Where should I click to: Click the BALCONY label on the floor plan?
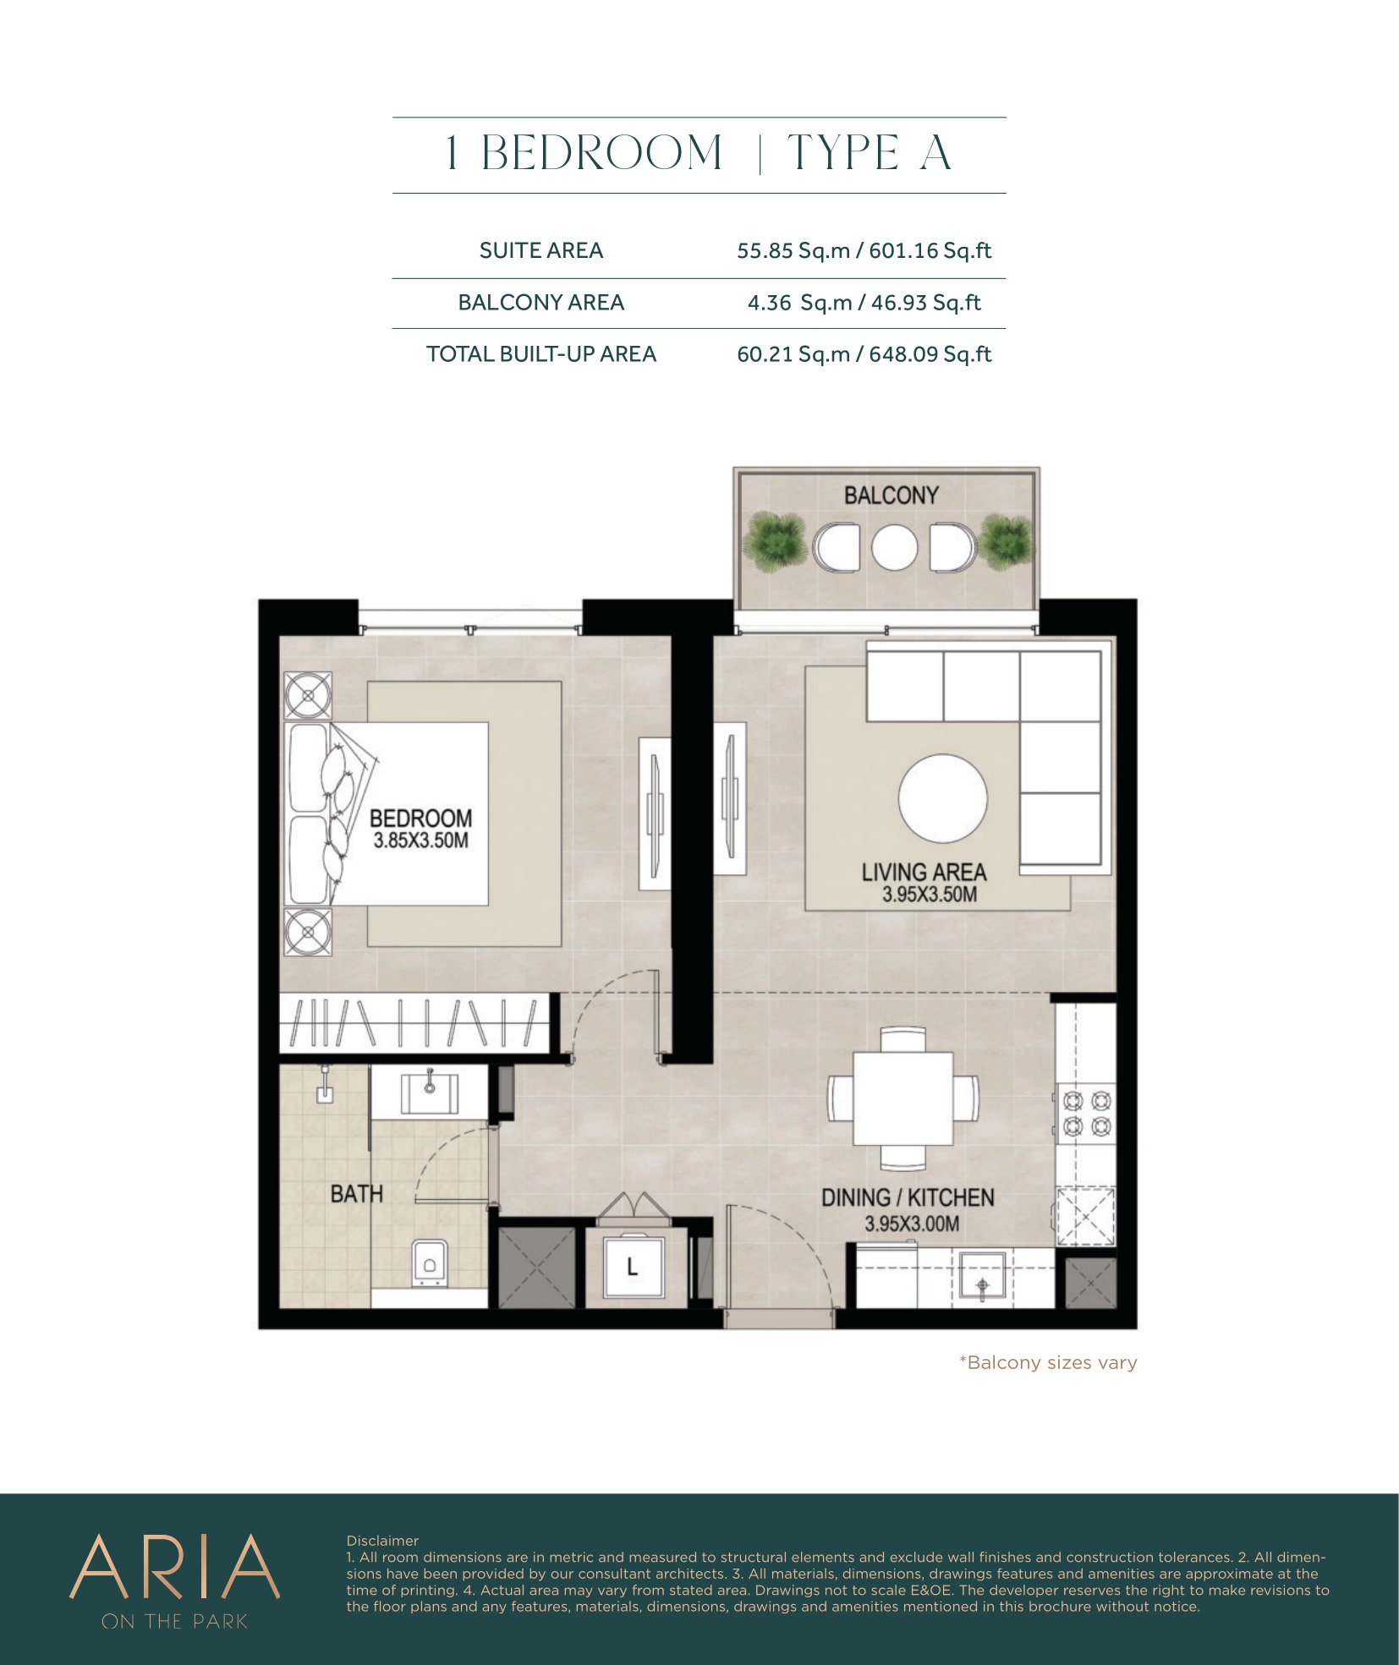coord(891,495)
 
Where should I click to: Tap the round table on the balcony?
coord(894,547)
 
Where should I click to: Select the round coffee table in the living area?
coord(942,798)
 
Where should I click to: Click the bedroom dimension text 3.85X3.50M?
coord(420,841)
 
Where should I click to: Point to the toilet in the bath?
coord(430,1263)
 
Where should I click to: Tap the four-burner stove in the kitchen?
coord(1087,1114)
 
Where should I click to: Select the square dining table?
coord(902,1098)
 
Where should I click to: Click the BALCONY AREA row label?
coord(540,303)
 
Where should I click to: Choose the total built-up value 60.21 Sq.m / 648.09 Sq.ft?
coord(864,354)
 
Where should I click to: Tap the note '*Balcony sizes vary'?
coord(1047,1362)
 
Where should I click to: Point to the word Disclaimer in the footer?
coord(382,1541)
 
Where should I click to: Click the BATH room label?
coord(356,1194)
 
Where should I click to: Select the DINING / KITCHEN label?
coord(908,1197)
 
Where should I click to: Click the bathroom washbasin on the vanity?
coord(430,1093)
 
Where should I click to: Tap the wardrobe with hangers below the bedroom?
coord(414,1023)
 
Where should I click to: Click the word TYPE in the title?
coord(843,153)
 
